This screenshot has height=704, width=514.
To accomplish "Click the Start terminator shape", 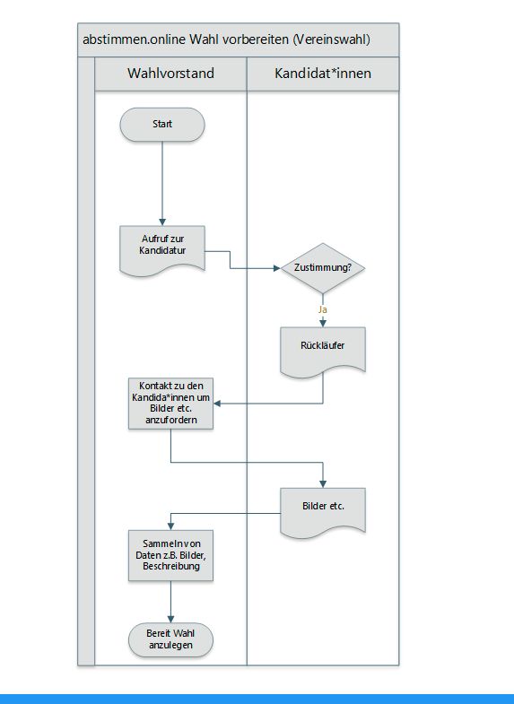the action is [162, 125].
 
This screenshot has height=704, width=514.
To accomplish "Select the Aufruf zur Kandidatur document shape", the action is [162, 250].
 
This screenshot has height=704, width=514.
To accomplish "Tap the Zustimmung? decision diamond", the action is [323, 268].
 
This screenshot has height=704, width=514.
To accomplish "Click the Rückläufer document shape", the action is [323, 351].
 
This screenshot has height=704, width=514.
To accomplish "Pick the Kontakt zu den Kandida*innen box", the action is [170, 404].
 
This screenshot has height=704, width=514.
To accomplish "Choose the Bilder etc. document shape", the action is [323, 512].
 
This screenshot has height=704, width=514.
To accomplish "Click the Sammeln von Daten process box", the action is [170, 555].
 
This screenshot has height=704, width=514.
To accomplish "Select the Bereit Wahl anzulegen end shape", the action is [170, 639].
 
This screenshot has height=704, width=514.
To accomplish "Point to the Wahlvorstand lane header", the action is [170, 74].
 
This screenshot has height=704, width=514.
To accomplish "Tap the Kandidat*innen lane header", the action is [323, 74].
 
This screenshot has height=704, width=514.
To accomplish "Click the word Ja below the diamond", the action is [322, 309].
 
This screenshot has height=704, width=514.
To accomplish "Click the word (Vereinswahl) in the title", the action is [331, 39].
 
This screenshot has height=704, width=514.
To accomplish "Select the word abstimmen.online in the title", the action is [134, 39].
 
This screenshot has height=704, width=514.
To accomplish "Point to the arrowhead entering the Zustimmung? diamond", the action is [277, 268].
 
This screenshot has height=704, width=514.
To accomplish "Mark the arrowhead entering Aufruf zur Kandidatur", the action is [162, 222].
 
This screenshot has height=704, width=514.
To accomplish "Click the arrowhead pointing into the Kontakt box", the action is [217, 404].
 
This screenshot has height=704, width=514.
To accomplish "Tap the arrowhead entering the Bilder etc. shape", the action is [323, 484].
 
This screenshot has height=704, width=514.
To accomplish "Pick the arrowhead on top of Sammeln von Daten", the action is [170, 526].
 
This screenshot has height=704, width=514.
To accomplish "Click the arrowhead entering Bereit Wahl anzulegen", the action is [170, 619].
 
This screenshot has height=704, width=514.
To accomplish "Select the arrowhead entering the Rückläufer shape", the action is [323, 324].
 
